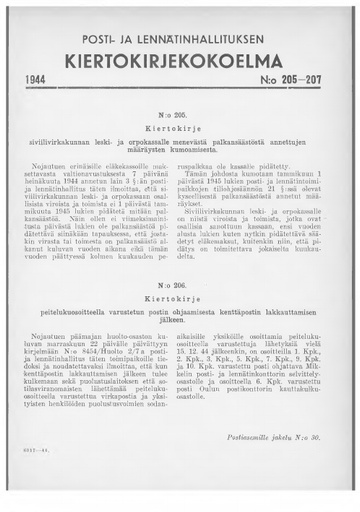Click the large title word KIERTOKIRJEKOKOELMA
tap(181, 58)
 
